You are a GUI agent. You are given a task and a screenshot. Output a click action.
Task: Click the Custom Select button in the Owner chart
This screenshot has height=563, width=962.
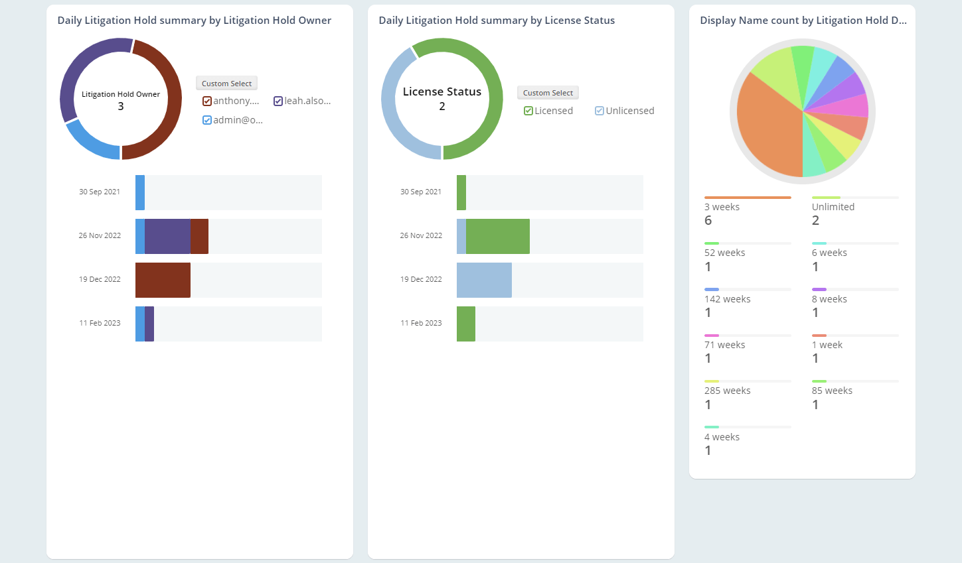[226, 84]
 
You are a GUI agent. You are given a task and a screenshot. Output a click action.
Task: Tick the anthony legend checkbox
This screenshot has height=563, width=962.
[207, 101]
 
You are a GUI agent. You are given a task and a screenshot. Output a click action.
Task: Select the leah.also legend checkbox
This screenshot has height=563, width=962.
[278, 101]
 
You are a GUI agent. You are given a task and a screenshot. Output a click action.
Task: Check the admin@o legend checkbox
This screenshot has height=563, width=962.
[207, 120]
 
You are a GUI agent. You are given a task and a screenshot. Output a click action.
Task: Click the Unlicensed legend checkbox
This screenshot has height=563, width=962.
[600, 111]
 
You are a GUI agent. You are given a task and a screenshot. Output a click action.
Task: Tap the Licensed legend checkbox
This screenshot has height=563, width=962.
[528, 111]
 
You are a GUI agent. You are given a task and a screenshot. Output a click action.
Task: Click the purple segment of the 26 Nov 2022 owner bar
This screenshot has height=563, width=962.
[167, 236]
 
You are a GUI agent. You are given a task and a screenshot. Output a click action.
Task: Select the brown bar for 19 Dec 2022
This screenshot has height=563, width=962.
[163, 280]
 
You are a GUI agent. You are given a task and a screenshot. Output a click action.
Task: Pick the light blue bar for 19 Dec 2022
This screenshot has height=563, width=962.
[484, 280]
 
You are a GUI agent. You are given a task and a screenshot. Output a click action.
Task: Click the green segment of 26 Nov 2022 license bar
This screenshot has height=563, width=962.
[497, 236]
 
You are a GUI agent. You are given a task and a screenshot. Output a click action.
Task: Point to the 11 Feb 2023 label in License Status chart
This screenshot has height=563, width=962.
[421, 323]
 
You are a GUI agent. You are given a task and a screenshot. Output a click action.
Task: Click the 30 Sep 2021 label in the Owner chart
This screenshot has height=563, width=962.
[100, 192]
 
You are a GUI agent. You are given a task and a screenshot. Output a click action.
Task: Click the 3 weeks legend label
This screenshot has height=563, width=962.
[722, 207]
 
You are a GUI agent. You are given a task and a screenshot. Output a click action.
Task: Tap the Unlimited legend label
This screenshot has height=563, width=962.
[833, 207]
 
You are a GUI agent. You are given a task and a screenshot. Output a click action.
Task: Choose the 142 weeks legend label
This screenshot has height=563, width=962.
[727, 299]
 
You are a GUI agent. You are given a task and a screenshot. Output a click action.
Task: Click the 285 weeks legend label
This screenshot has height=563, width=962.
[727, 391]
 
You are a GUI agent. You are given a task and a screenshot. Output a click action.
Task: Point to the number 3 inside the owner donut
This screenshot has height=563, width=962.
[121, 106]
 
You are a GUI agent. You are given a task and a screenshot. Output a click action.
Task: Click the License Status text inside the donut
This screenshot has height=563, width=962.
[441, 92]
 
